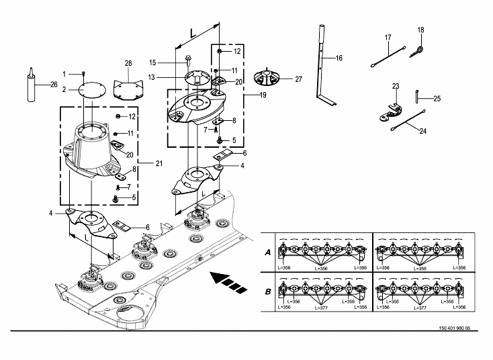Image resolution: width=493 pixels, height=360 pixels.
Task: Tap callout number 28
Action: [x=128, y=64]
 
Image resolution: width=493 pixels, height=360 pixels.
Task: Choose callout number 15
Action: [x=152, y=62]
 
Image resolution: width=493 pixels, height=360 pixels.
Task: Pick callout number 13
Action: [x=152, y=77]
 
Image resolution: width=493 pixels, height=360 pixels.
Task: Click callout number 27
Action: [x=298, y=79]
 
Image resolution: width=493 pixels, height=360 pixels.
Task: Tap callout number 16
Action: [x=339, y=58]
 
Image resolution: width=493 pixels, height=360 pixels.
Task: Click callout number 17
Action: [x=388, y=36]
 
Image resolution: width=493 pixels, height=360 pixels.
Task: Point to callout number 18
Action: [x=421, y=30]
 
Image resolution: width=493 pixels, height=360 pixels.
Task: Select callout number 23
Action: [x=396, y=86]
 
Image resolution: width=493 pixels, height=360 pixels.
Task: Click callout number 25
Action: [x=437, y=98]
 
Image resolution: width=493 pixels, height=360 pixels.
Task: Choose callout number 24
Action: [x=423, y=132]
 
